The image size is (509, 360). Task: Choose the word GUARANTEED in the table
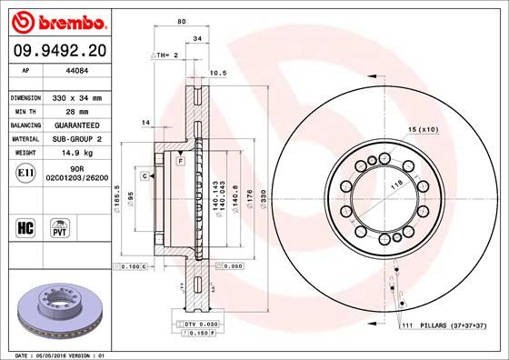(76, 125)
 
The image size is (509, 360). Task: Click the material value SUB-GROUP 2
(76, 139)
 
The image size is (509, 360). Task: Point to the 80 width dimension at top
(182, 21)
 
